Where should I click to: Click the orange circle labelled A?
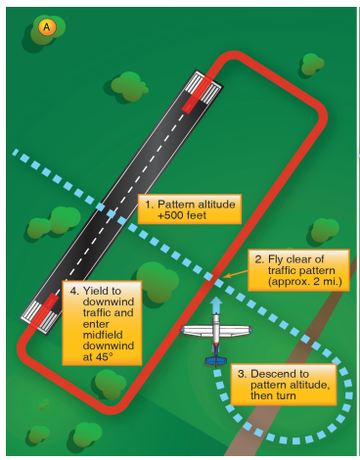click(x=46, y=27)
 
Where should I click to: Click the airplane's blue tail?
click(x=215, y=360)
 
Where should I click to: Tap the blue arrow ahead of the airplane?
click(x=215, y=306)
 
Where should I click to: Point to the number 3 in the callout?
click(x=242, y=373)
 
